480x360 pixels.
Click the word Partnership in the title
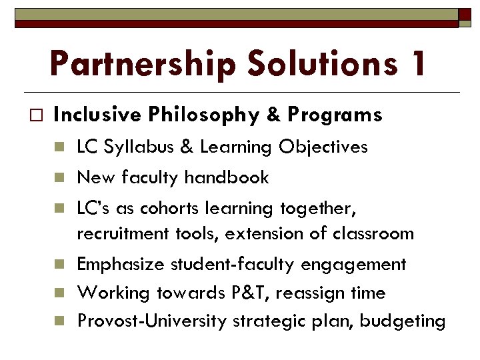[142, 65]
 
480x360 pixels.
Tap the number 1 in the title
[417, 64]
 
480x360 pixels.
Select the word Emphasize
[121, 265]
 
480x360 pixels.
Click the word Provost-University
[152, 321]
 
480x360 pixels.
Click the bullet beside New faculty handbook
[59, 178]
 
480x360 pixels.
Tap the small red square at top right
[465, 14]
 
